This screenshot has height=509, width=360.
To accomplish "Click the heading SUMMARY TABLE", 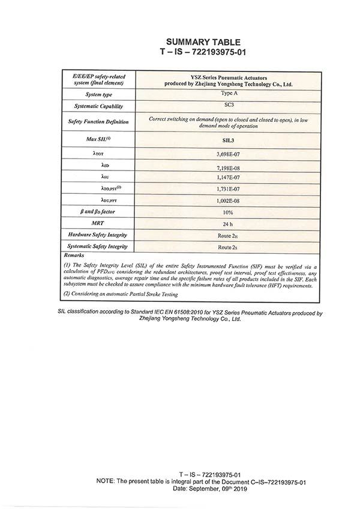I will [x=203, y=42].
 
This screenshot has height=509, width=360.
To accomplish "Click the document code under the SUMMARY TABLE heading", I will [x=203, y=52].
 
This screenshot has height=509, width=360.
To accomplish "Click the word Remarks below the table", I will [x=74, y=256].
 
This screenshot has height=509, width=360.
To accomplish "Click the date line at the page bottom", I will [x=205, y=489].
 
